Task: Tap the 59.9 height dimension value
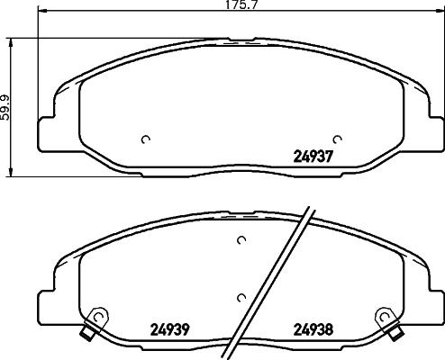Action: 7,107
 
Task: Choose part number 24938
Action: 314,328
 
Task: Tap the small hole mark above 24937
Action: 337,139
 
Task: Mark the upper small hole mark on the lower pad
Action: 241,240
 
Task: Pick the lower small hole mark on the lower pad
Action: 240,298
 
